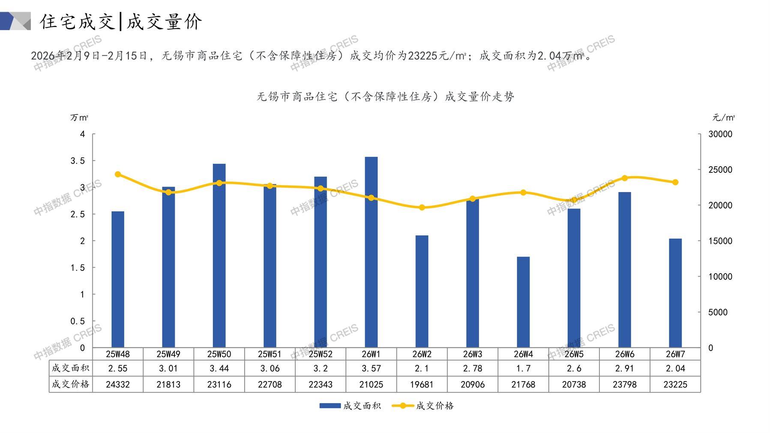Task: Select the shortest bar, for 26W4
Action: [x=523, y=302]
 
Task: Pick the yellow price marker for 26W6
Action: [x=624, y=178]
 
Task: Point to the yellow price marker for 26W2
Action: [x=422, y=207]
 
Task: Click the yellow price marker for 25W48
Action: [x=118, y=174]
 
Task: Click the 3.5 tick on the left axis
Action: [x=78, y=161]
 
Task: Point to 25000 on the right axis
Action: [x=720, y=170]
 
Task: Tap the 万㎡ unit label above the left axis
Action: [x=79, y=117]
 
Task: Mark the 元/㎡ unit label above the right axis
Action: [x=723, y=117]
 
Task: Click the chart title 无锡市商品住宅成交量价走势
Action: [x=385, y=97]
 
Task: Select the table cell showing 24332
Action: [x=118, y=385]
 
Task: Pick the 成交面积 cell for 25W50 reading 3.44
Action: [x=219, y=368]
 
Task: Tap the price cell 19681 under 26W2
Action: [x=422, y=385]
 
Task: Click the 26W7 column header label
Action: [x=675, y=354]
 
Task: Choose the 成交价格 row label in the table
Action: [x=70, y=384]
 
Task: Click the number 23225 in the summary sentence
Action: [x=423, y=56]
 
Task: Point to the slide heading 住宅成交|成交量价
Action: [x=121, y=21]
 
